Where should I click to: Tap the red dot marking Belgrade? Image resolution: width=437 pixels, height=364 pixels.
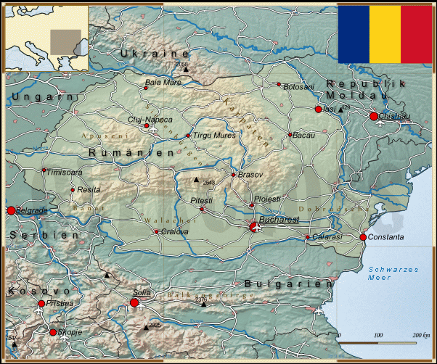pos(11,210)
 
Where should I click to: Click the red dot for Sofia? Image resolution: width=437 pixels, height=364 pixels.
pos(134,302)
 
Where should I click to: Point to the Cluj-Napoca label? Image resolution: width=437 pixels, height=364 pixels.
pos(150,119)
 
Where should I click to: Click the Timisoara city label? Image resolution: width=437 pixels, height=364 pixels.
pos(65,173)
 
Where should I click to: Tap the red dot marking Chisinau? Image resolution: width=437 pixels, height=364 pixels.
pos(374,116)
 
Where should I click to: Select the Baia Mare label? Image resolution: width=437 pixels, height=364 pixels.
pos(163,83)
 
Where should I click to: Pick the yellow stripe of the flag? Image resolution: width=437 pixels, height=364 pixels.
pos(385,33)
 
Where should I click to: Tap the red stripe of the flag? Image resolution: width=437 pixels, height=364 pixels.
pos(417,33)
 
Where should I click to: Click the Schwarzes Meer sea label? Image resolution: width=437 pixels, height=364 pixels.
pos(393,273)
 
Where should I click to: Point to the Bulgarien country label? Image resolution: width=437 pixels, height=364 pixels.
pos(287,284)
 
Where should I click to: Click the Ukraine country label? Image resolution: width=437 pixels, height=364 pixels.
pos(155,54)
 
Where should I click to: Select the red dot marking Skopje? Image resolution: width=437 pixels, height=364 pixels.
pos(53,332)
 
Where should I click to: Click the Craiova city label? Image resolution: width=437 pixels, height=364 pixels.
pos(174,232)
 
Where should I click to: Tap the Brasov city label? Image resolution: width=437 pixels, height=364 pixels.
pos(250,175)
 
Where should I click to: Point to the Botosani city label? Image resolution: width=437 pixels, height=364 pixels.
pos(299,87)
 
